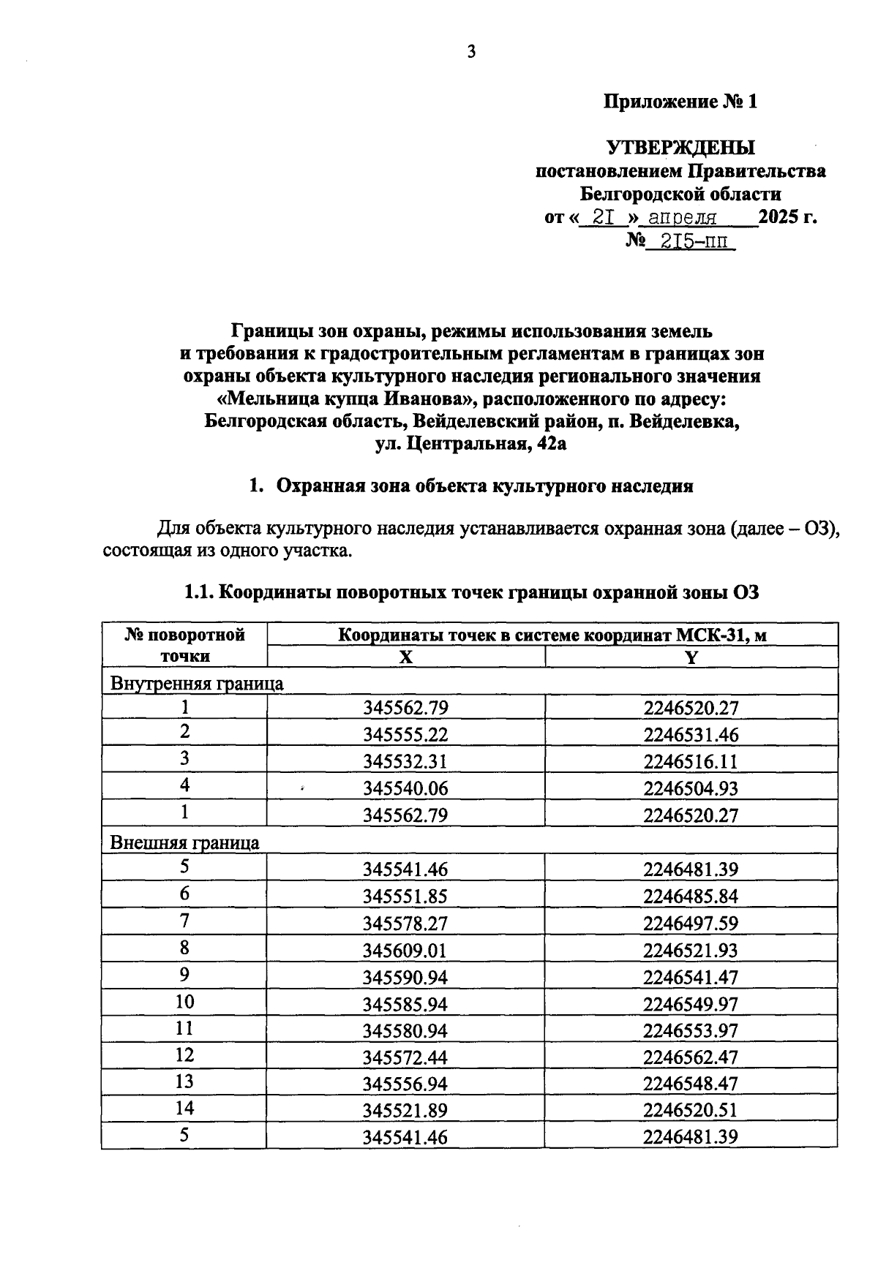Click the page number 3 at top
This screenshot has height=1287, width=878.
coord(471,52)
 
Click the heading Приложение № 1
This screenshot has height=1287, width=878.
coord(680,101)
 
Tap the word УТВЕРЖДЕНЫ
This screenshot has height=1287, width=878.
coord(680,148)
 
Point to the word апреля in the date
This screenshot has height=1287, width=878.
coord(683,218)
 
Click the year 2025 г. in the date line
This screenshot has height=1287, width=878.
coord(787,217)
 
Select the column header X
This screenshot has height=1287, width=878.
coord(406,657)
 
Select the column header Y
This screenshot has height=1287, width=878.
coord(691,657)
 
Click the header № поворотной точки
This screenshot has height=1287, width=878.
coord(185,645)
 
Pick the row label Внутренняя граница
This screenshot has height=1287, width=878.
coord(197,684)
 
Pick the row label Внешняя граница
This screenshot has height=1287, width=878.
coord(184,842)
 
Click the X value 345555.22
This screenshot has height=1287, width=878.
coord(405,735)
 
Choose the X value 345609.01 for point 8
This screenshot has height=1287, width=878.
coord(405,951)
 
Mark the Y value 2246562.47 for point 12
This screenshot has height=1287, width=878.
coord(691,1057)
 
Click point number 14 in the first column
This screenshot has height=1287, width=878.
coord(185,1108)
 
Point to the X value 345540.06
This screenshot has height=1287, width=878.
coord(405,788)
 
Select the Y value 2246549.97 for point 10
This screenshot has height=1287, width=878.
coord(691,1004)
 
